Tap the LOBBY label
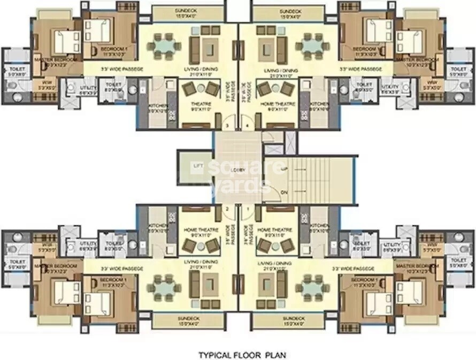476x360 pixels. (x=238, y=170)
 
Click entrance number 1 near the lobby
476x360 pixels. (x=248, y=209)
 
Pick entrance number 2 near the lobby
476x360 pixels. (x=227, y=209)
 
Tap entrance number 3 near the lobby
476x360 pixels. (x=227, y=126)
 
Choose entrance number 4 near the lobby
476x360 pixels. (x=248, y=126)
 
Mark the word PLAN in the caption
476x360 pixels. (x=276, y=354)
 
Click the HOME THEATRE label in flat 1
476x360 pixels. (x=274, y=230)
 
